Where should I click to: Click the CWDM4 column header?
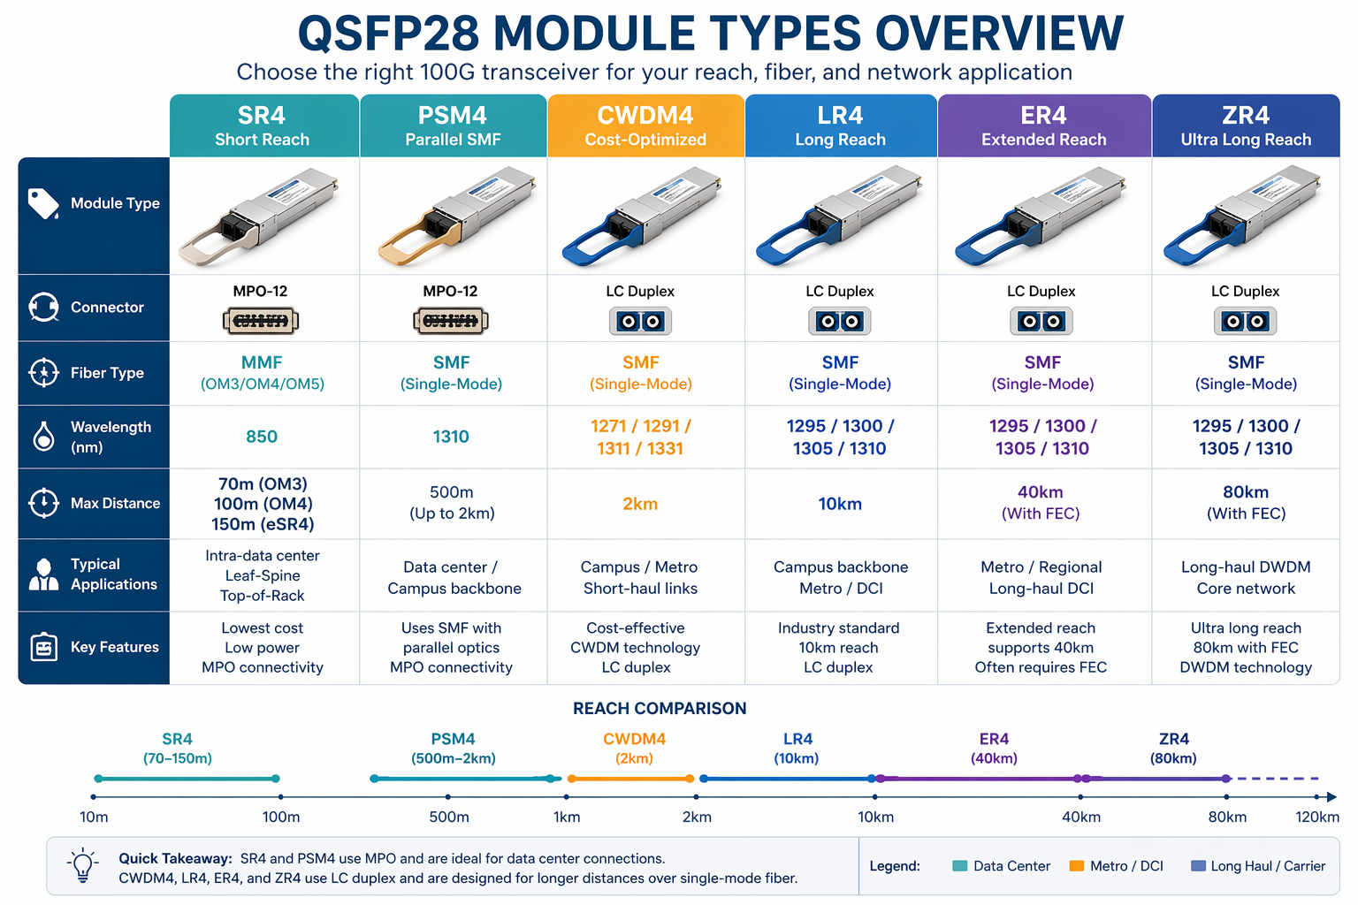(645, 126)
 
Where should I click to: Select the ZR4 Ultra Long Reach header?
(1245, 126)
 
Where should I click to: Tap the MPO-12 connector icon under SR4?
(261, 321)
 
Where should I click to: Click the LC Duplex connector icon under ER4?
(1041, 321)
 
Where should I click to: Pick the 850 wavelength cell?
(262, 437)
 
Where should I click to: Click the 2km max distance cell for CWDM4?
(640, 504)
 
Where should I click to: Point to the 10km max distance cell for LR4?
(840, 504)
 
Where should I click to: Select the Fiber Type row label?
(107, 373)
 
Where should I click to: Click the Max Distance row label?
(115, 503)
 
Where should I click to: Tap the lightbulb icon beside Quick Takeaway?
(83, 865)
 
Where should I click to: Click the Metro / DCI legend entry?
(1117, 866)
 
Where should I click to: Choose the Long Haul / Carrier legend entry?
(1258, 866)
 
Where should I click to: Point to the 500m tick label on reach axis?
(449, 817)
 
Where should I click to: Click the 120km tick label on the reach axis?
(1316, 817)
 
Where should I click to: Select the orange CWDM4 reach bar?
(631, 779)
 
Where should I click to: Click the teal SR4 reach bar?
(187, 779)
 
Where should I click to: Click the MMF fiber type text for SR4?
(262, 362)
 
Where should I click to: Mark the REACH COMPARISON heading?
(660, 708)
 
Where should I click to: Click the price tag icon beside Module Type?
(43, 203)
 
